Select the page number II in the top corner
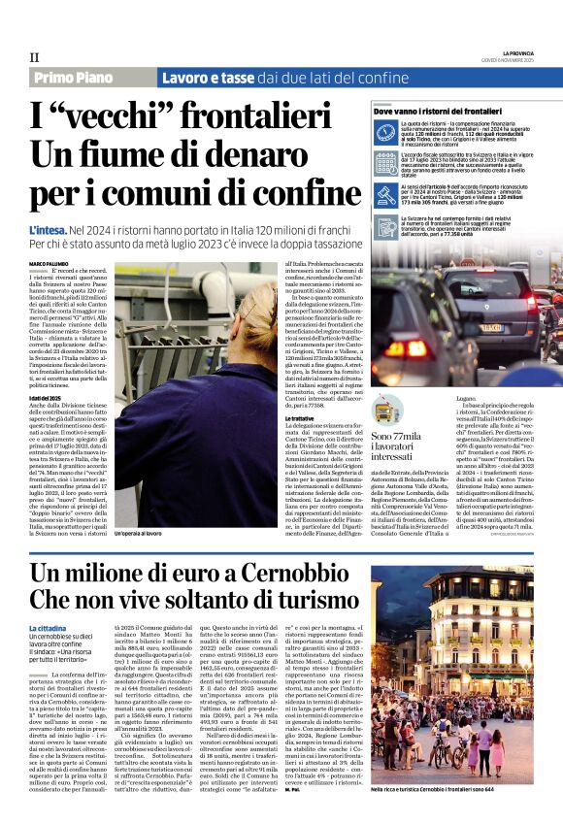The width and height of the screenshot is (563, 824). point(35,57)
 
